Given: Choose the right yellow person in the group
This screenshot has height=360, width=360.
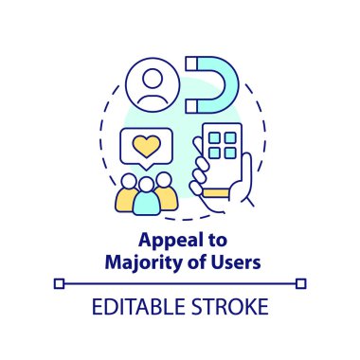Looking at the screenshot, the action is (x=165, y=191).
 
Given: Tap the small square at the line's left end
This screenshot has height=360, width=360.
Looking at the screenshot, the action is (x=59, y=282).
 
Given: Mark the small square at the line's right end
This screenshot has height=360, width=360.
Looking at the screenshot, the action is (x=301, y=282).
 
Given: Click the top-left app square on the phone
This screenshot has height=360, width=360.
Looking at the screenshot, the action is (x=215, y=139).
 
